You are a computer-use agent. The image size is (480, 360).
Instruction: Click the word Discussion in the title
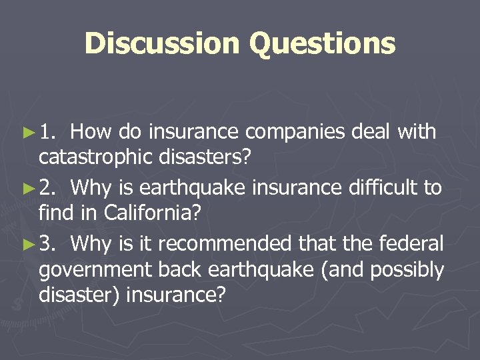(x=162, y=44)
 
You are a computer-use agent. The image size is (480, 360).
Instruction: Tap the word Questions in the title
(x=322, y=44)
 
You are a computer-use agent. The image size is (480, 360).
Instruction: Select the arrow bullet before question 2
(x=28, y=189)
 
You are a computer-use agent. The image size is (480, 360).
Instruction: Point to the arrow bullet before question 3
(x=28, y=245)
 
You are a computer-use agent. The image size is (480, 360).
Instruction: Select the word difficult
(x=385, y=188)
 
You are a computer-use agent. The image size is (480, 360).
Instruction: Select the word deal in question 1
(x=369, y=132)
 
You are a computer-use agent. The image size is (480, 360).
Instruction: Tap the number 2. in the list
(x=49, y=189)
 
